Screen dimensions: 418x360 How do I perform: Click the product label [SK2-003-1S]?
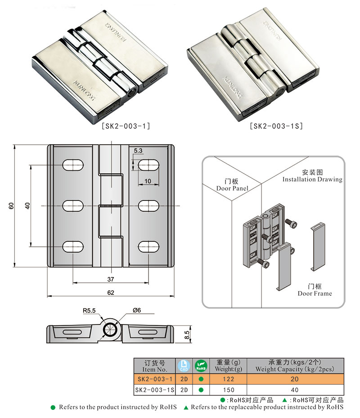276,126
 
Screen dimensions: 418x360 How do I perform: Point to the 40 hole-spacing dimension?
27,205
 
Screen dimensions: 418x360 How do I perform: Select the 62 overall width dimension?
111,293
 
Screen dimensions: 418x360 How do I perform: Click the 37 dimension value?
111,279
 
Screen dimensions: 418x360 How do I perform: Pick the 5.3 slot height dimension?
138,150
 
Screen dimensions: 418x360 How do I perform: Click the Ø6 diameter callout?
138,311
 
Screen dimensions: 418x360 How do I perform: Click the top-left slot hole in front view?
73,165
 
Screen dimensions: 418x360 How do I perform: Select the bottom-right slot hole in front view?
148,246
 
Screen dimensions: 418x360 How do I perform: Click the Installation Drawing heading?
312,176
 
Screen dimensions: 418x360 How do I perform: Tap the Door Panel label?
232,185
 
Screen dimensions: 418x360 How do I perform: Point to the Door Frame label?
315,290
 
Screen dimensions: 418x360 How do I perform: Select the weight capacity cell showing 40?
295,390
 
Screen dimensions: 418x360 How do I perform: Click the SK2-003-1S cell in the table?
154,390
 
